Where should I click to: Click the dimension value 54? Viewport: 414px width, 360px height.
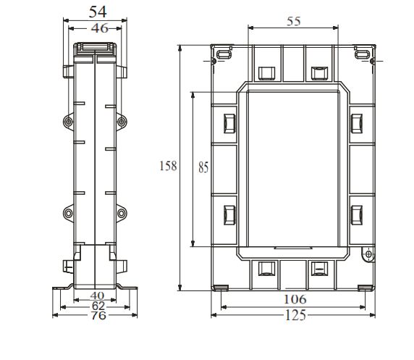click(96, 12)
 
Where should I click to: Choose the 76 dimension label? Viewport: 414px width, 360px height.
click(96, 315)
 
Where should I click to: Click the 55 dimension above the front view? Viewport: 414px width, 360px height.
click(293, 22)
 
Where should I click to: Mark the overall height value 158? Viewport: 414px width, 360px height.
click(167, 166)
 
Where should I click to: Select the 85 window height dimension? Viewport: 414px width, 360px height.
click(203, 167)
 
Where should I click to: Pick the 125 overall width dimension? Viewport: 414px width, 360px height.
click(293, 315)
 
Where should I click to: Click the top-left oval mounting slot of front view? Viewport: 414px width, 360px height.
click(223, 54)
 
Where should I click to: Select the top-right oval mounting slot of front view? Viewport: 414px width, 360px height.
click(362, 54)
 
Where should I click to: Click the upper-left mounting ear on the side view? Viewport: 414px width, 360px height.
click(67, 121)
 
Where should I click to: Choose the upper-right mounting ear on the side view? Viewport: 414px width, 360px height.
click(121, 121)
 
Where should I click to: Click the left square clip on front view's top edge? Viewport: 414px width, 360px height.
click(265, 72)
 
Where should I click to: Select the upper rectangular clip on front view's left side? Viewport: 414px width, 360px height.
click(229, 120)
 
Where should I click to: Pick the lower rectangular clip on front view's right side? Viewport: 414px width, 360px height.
click(356, 214)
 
